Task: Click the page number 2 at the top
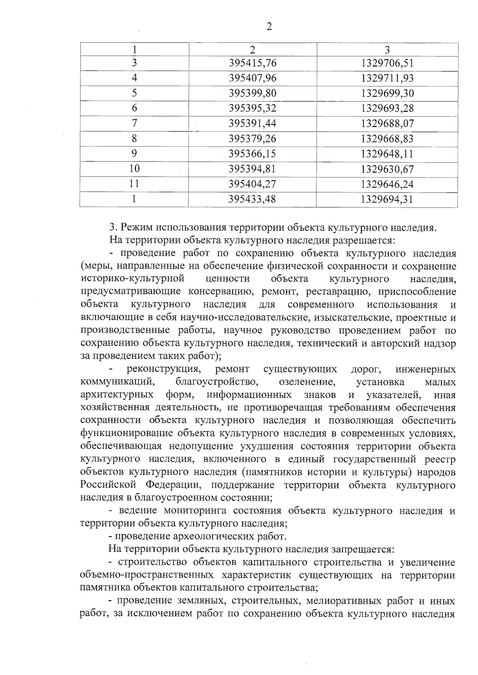269,27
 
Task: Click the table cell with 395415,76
253,63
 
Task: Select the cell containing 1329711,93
387,78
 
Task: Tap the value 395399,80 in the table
253,93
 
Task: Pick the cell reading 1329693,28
387,108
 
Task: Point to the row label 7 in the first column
134,123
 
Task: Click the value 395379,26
253,139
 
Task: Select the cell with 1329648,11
387,154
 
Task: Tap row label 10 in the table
134,169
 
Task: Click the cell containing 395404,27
253,184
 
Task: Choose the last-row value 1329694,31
387,199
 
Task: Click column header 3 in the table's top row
387,49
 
